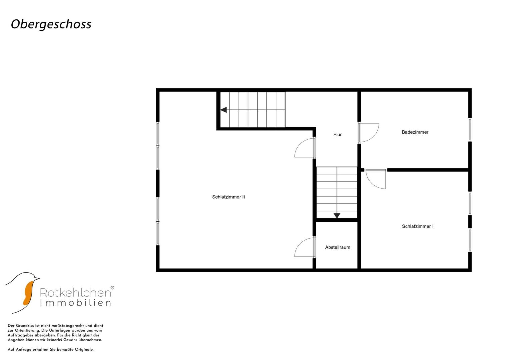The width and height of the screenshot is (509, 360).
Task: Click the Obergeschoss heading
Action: (x=51, y=24)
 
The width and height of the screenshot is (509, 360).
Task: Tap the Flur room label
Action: (x=337, y=135)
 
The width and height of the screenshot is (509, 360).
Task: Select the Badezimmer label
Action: (x=415, y=132)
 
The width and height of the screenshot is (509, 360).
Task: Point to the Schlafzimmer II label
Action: (x=228, y=197)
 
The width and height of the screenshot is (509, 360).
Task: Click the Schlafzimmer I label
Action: (x=418, y=226)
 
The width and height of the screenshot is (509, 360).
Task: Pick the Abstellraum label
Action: (x=337, y=247)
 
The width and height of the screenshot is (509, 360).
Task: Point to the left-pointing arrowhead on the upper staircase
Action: (x=224, y=110)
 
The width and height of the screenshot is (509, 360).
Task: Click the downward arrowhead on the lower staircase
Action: (x=337, y=216)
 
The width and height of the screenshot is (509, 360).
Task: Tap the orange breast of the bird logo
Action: (x=28, y=293)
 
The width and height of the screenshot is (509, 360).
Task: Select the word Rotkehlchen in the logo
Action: (x=75, y=293)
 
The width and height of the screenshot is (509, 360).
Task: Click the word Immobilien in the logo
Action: (x=75, y=303)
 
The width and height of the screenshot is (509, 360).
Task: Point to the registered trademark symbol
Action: (x=112, y=288)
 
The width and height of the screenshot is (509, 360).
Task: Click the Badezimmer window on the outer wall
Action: (x=470, y=130)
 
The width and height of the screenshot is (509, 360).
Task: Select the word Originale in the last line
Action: (x=84, y=350)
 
